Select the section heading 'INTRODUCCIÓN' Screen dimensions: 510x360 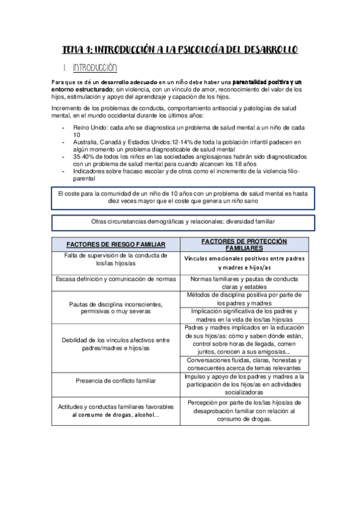pyautogui.click(x=94, y=67)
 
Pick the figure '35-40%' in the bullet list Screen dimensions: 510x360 pyautogui.click(x=85, y=156)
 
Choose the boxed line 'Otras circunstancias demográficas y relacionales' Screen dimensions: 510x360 pyautogui.click(x=180, y=221)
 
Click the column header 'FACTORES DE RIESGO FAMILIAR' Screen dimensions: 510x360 pyautogui.click(x=116, y=244)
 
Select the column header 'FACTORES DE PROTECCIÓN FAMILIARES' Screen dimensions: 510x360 pyautogui.click(x=244, y=244)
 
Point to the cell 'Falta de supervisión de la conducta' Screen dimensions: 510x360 pyautogui.click(x=116, y=259)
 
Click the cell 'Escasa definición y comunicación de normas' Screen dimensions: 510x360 pyautogui.click(x=116, y=279)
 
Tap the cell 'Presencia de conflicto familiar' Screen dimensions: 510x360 pyautogui.click(x=116, y=380)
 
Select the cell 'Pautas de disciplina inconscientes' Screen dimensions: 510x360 pyautogui.click(x=116, y=307)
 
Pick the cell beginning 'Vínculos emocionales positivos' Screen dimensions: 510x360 pyautogui.click(x=244, y=262)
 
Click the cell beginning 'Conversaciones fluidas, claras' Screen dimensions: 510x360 pyautogui.click(x=244, y=364)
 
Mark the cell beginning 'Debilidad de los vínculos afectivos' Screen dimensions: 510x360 pyautogui.click(x=116, y=344)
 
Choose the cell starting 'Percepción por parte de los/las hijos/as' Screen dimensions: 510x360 pyautogui.click(x=244, y=411)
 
